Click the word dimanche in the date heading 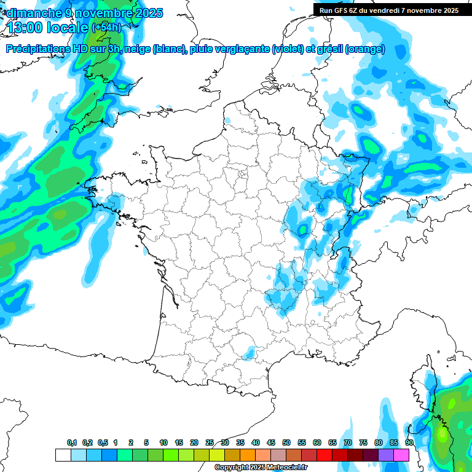tap(33, 12)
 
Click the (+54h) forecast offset tap(106, 28)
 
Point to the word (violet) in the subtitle tap(287, 50)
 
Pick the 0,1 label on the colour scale tap(72, 442)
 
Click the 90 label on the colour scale tap(409, 442)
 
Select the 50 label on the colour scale tap(286, 442)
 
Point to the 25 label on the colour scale tap(210, 442)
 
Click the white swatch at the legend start tap(63, 455)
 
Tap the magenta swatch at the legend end tap(402, 455)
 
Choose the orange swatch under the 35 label tap(248, 455)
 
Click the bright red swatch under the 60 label tap(324, 455)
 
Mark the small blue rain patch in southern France tap(250, 353)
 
